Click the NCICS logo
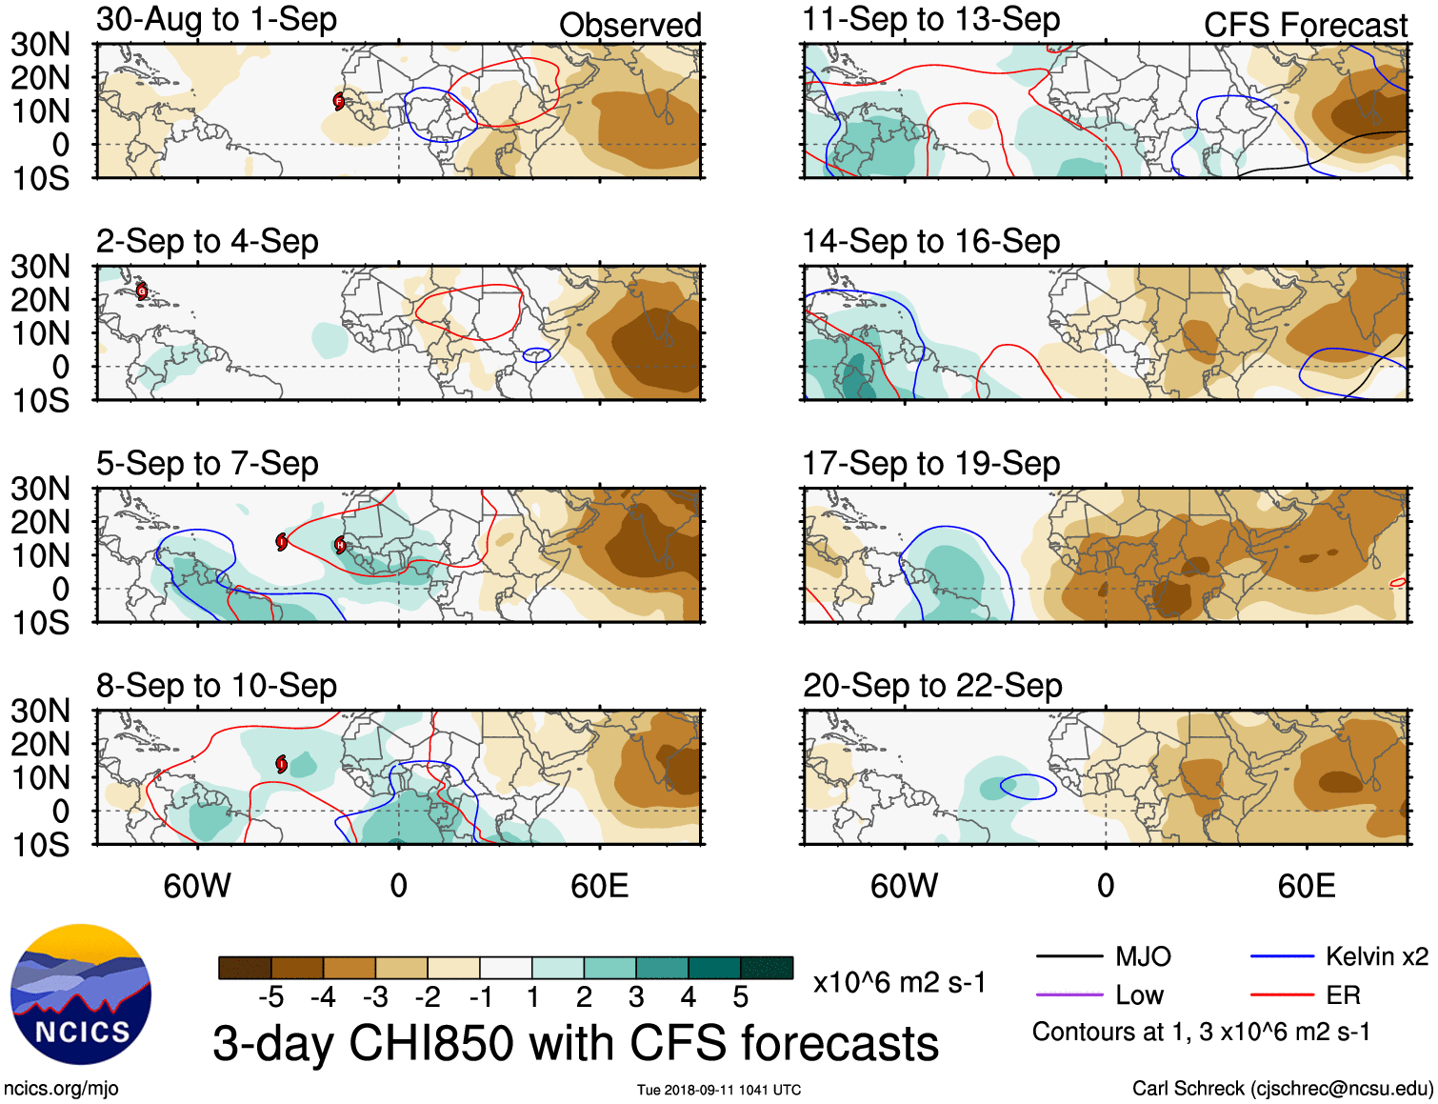pyautogui.click(x=81, y=994)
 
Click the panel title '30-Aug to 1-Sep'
pyautogui.click(x=216, y=19)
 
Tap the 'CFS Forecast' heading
pyautogui.click(x=1305, y=26)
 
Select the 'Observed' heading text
pyautogui.click(x=629, y=26)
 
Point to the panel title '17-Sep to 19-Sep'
pyautogui.click(x=930, y=464)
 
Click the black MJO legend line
pyautogui.click(x=1069, y=956)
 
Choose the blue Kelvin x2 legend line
pyautogui.click(x=1282, y=956)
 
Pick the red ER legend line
pyautogui.click(x=1282, y=995)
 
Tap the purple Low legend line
pyautogui.click(x=1069, y=995)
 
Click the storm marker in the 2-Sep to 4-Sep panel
pyautogui.click(x=142, y=291)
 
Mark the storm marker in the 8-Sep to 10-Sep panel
pyautogui.click(x=282, y=763)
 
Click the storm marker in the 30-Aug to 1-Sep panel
pyautogui.click(x=339, y=101)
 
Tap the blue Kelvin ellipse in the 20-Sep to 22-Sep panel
pyautogui.click(x=1028, y=787)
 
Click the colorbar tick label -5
pyautogui.click(x=270, y=997)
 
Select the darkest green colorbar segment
pyautogui.click(x=767, y=968)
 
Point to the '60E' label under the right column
pyautogui.click(x=1306, y=887)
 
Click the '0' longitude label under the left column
pyautogui.click(x=398, y=887)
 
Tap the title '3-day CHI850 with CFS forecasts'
pyautogui.click(x=575, y=1043)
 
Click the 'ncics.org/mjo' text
pyautogui.click(x=61, y=1089)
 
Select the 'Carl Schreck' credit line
pyautogui.click(x=1282, y=1089)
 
